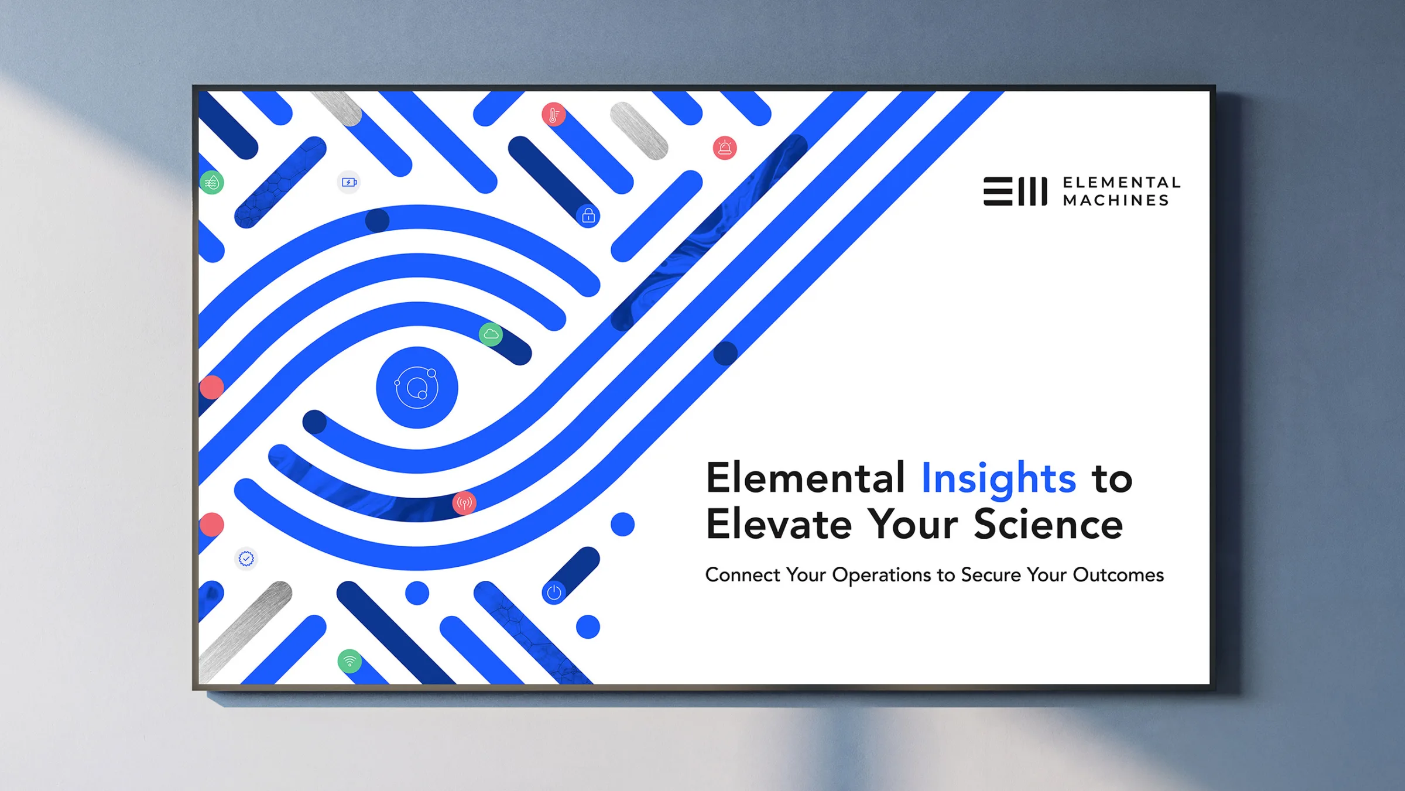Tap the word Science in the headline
pos(1048,524)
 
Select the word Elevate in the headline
pos(779,524)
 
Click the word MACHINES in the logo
pos(1116,200)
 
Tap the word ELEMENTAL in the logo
pos(1122,183)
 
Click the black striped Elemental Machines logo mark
pos(1015,191)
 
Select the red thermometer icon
pos(554,115)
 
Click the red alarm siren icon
pos(725,148)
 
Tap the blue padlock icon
pos(588,216)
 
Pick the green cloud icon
pos(491,334)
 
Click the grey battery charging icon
pos(349,182)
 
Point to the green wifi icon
pos(349,662)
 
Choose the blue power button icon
pos(554,593)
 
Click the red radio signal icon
pos(464,502)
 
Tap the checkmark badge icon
pos(246,559)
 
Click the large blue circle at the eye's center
pos(417,388)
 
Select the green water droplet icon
pos(212,183)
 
